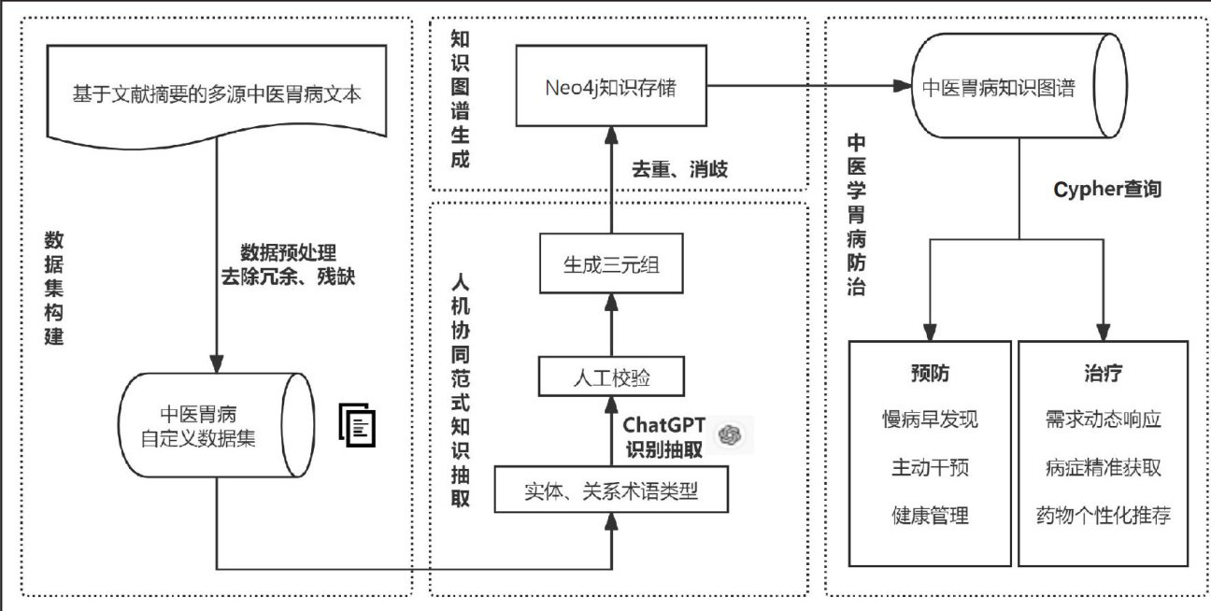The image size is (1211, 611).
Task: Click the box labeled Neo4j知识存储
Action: pyautogui.click(x=612, y=89)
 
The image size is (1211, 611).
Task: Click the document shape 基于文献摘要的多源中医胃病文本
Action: pyautogui.click(x=216, y=93)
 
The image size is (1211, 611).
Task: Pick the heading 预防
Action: pyautogui.click(x=930, y=374)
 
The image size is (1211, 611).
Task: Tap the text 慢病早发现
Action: pyautogui.click(x=930, y=419)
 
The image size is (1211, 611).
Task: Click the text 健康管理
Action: pyautogui.click(x=930, y=515)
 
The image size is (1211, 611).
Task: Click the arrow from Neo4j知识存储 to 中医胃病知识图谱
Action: pyautogui.click(x=809, y=87)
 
